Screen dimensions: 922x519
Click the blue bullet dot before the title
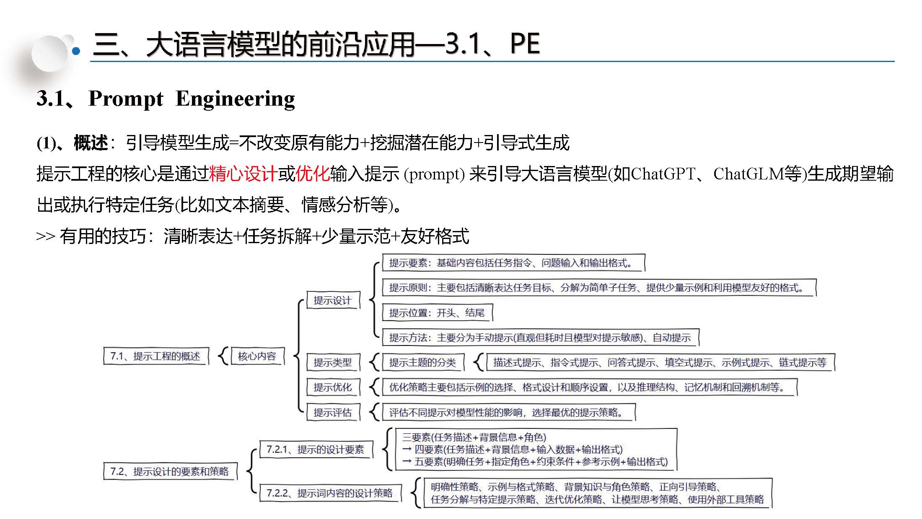[76, 52]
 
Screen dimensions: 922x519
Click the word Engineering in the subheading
[235, 99]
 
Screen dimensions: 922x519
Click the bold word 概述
[91, 143]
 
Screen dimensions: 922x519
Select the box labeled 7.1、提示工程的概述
[155, 356]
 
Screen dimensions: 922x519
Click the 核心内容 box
[257, 356]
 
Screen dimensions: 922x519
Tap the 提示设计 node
[332, 300]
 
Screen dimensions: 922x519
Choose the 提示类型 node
[332, 362]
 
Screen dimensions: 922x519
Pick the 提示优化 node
[332, 387]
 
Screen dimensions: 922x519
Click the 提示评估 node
[332, 413]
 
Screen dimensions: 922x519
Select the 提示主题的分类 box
[422, 362]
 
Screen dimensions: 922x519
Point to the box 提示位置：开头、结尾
[437, 313]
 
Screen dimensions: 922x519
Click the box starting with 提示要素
[512, 263]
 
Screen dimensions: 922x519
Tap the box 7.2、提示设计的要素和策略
[169, 472]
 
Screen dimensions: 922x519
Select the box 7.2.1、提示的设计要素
[315, 450]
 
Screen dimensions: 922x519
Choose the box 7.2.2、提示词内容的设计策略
[329, 493]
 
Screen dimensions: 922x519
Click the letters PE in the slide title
[525, 44]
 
